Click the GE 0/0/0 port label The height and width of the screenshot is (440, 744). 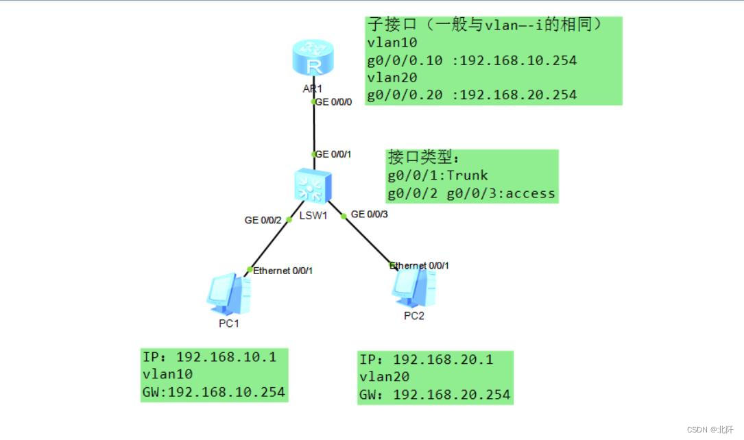pos(333,101)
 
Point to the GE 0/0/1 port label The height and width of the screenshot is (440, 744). pos(333,154)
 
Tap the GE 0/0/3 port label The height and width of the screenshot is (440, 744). pos(370,215)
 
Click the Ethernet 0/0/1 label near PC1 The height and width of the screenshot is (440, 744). pos(283,271)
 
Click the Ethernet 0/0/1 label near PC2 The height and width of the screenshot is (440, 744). pos(420,265)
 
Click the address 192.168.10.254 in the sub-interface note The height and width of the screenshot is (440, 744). pos(518,61)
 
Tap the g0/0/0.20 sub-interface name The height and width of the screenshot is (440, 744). pos(405,95)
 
